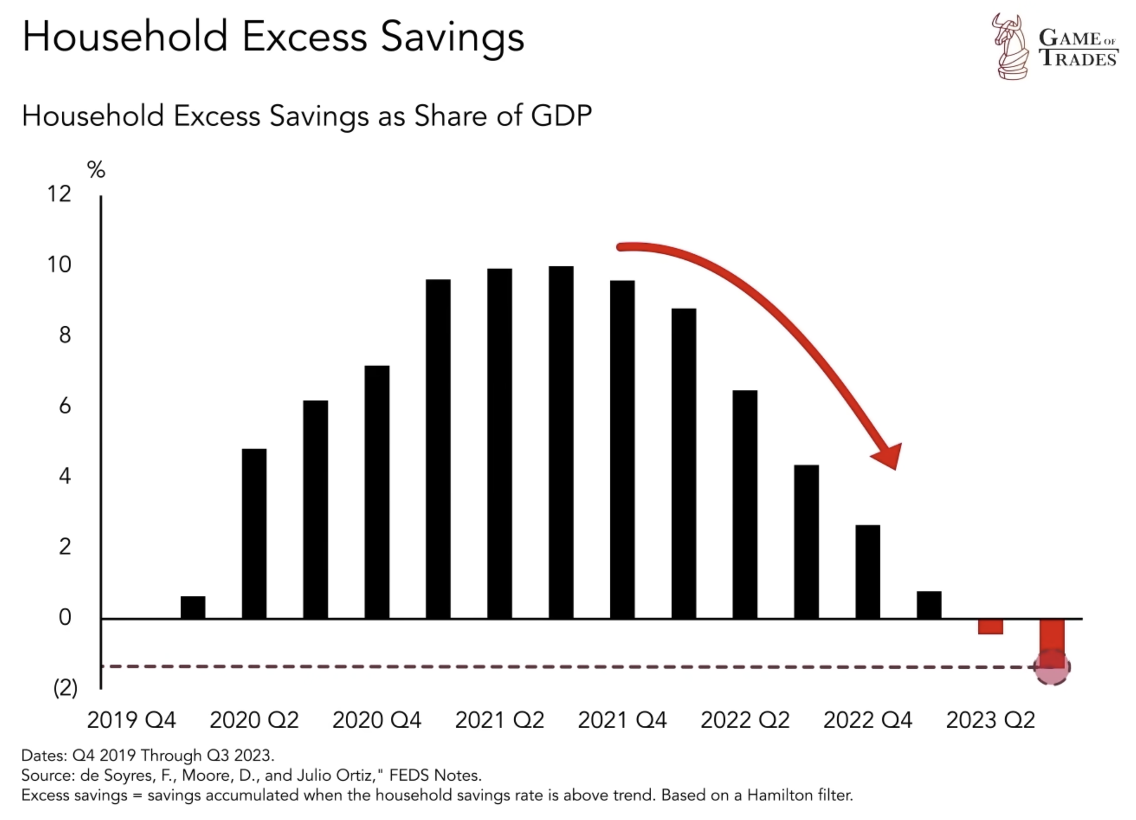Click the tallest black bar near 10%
click(x=560, y=442)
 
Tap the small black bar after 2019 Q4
click(x=193, y=607)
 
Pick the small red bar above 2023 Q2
click(x=990, y=627)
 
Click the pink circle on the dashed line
click(x=1051, y=667)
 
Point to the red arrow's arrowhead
click(x=889, y=456)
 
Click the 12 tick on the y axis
click(x=59, y=194)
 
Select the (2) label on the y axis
click(x=65, y=688)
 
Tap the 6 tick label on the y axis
click(x=65, y=406)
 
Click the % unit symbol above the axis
click(x=96, y=170)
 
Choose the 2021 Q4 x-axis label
click(x=622, y=720)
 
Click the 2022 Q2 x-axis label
click(x=745, y=720)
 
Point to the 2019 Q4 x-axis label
click(x=131, y=720)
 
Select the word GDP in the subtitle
click(x=561, y=115)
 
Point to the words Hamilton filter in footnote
click(x=799, y=795)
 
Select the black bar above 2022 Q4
click(x=867, y=572)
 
